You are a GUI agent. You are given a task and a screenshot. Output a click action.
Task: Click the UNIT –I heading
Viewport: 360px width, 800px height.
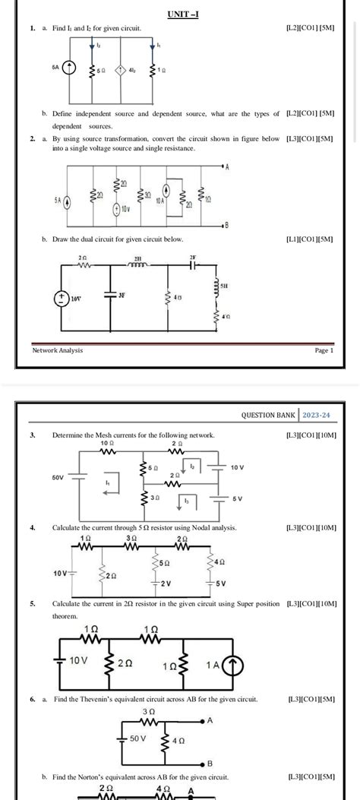click(x=182, y=14)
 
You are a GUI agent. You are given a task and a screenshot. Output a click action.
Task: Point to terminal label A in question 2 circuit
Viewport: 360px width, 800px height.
click(x=227, y=166)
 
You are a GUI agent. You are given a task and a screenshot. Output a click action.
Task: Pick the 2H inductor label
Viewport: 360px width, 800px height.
click(x=137, y=259)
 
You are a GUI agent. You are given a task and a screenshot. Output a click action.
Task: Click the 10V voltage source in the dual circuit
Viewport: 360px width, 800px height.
click(x=62, y=299)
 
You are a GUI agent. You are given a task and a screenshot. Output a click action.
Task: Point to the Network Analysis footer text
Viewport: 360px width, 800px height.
click(x=58, y=350)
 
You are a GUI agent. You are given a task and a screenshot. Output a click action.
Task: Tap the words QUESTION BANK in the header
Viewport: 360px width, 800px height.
click(x=269, y=416)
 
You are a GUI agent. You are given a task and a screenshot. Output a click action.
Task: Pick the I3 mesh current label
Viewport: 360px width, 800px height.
click(x=188, y=501)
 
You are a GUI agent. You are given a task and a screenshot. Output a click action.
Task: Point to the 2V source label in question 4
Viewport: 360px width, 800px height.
click(x=164, y=583)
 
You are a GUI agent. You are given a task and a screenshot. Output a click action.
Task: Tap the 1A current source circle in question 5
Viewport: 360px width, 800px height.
click(x=234, y=665)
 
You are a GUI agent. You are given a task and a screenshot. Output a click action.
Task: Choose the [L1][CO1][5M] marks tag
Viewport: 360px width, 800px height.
click(x=308, y=239)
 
